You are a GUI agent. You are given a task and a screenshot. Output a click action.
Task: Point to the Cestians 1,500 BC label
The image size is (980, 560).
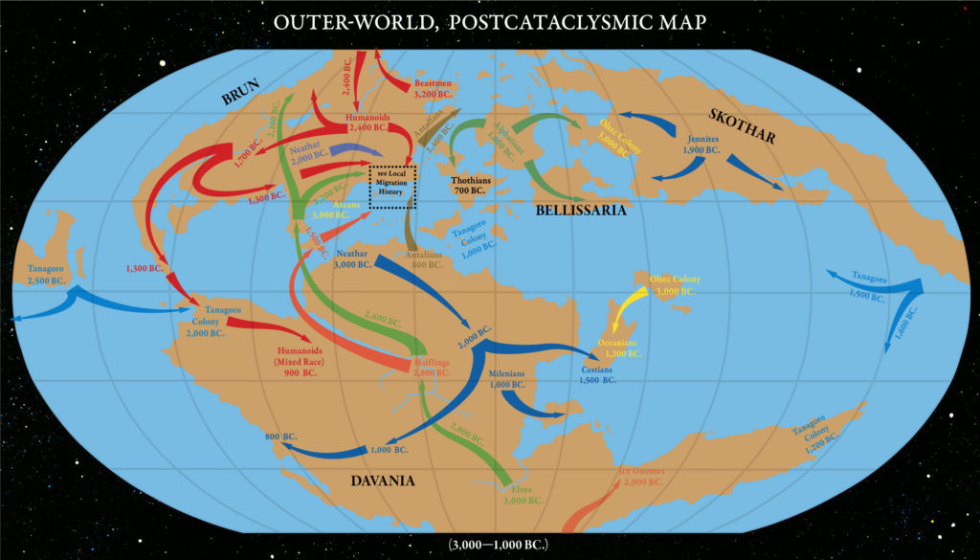[x=597, y=374]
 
